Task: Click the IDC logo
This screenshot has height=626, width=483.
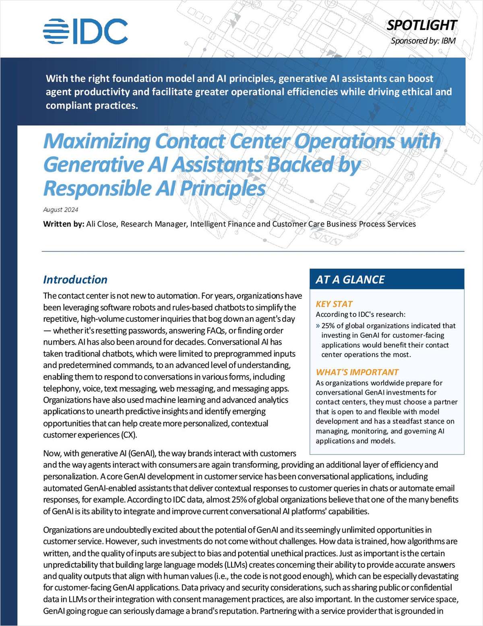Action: tap(85, 31)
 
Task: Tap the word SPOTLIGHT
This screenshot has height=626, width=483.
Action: tap(421, 25)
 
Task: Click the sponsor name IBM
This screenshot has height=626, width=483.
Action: tap(448, 41)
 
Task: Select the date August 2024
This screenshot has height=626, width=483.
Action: tap(60, 210)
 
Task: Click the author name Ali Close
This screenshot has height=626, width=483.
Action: tap(101, 224)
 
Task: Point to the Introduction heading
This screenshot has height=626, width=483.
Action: tap(75, 280)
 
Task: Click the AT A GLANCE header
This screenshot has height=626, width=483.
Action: tap(350, 280)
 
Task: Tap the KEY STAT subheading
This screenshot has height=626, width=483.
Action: tap(334, 304)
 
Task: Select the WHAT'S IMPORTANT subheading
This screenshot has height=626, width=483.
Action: tap(357, 372)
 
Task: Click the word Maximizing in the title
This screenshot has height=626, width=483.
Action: tap(97, 141)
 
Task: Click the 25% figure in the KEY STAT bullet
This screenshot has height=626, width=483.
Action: tap(328, 326)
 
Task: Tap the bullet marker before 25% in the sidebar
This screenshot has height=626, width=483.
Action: tap(318, 326)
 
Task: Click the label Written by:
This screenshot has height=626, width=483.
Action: tap(64, 224)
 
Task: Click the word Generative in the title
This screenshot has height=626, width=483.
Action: tap(93, 165)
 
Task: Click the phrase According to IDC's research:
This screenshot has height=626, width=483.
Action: tap(360, 314)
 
